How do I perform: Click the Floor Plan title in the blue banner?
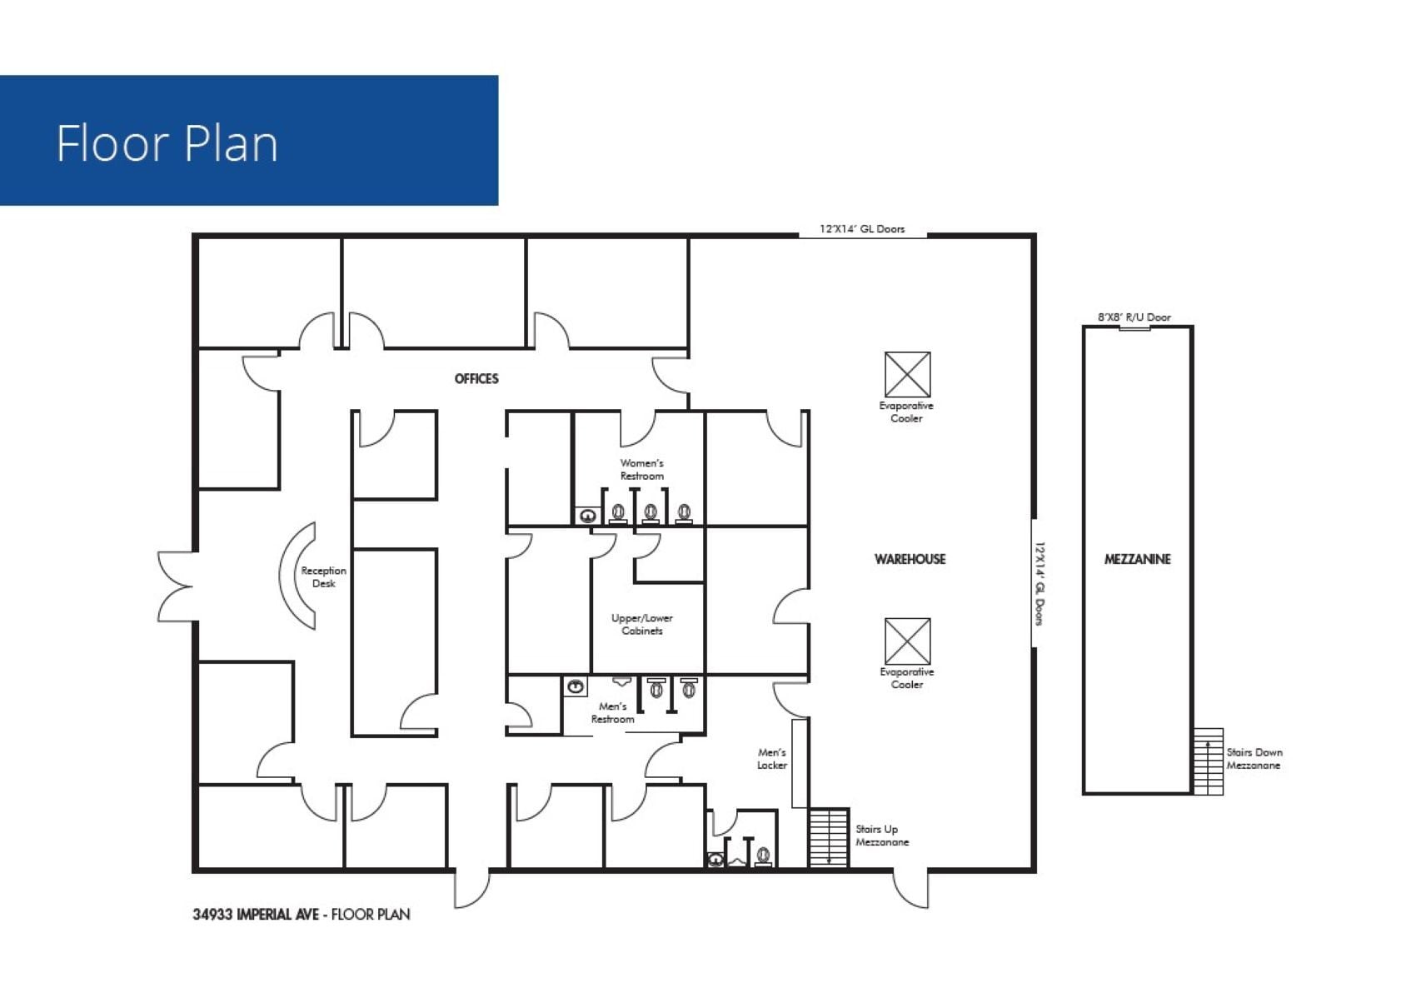[x=167, y=143]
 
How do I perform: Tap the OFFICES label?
[x=476, y=379]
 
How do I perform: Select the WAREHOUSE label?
[x=910, y=559]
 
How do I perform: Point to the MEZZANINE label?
[x=1137, y=559]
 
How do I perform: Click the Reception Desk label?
[x=323, y=577]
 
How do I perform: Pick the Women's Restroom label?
[x=641, y=470]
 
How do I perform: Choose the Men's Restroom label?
[x=612, y=713]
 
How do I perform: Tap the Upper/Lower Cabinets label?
[x=641, y=625]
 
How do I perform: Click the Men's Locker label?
[x=771, y=759]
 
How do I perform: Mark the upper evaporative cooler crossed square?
[x=907, y=375]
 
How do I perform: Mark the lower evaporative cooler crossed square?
[x=907, y=641]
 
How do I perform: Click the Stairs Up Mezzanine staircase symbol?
[x=828, y=837]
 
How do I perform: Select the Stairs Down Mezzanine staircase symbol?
[x=1208, y=761]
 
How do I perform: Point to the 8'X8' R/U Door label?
[x=1134, y=317]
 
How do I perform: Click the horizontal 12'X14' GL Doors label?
[x=861, y=229]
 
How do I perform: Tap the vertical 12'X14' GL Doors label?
[x=1040, y=583]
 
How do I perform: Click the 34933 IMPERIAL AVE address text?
[x=255, y=915]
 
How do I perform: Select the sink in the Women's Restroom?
[x=588, y=516]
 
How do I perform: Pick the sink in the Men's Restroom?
[x=575, y=687]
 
